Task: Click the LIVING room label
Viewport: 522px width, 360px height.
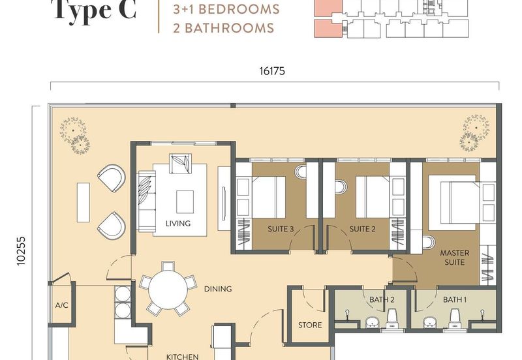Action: click(x=177, y=224)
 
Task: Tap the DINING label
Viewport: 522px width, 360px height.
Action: click(x=217, y=289)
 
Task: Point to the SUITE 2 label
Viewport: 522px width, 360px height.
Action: click(x=362, y=229)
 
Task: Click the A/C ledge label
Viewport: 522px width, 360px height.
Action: click(x=62, y=305)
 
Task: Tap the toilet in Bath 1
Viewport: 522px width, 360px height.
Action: click(x=455, y=318)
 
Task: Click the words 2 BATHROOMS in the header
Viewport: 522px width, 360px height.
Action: click(x=223, y=28)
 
